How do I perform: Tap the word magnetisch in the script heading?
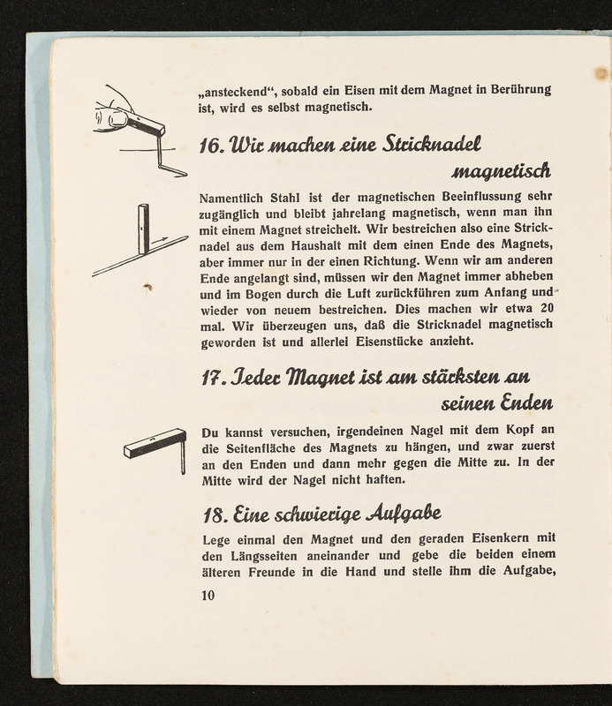502,168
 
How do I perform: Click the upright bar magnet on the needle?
143,229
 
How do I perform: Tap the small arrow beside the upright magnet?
159,240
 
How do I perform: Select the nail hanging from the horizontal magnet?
182,455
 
